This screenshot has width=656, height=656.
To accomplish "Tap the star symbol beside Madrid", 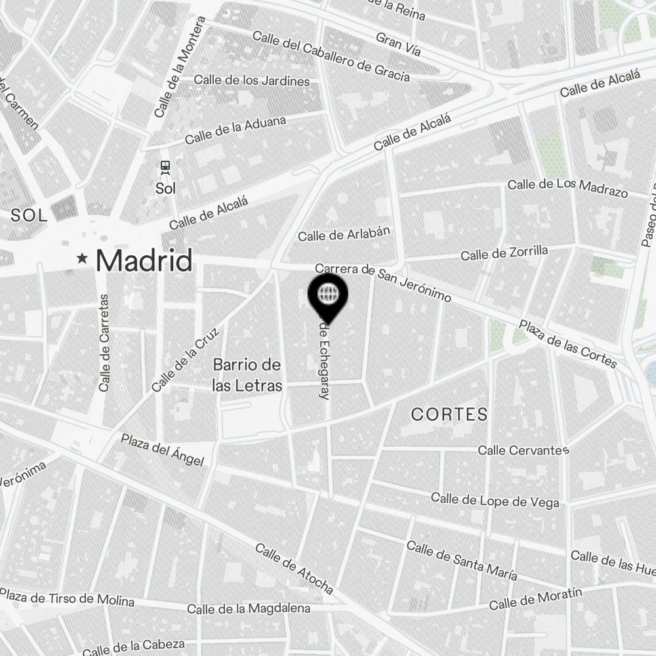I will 82,258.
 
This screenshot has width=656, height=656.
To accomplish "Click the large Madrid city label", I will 144,260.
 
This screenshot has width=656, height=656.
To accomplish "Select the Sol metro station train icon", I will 165,168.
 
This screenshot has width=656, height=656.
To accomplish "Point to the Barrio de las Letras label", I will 247,375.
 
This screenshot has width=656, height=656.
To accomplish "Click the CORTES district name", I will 449,414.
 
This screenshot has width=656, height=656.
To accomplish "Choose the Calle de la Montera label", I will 179,67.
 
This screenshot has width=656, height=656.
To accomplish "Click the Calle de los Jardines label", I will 252,81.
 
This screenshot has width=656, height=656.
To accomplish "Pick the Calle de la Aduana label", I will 236,130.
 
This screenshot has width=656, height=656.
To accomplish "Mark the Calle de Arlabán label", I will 344,234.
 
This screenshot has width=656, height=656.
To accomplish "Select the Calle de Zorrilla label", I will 504,253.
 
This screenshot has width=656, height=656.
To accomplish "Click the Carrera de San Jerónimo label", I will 383,283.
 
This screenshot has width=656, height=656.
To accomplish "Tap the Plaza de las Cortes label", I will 568,343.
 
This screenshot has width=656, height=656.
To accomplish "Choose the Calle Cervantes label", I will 523,450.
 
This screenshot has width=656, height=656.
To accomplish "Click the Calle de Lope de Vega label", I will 495,501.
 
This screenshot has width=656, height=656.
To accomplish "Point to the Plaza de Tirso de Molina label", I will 67,599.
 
